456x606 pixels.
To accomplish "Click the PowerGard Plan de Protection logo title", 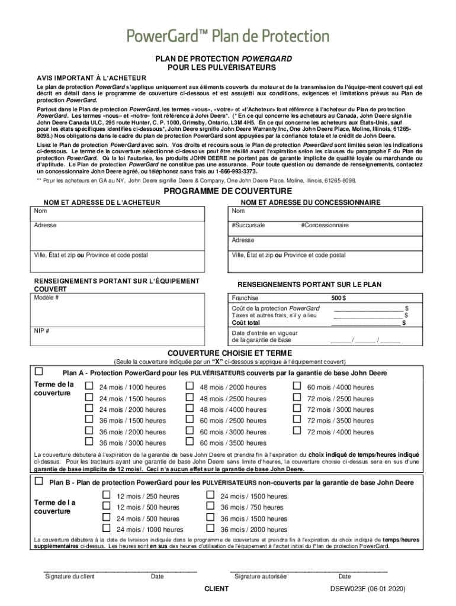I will pyautogui.click(x=227, y=36).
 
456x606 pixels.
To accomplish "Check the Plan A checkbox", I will pyautogui.click(x=39, y=372).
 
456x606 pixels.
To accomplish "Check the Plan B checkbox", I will pyautogui.click(x=39, y=481).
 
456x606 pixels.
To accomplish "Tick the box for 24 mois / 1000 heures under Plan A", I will pyautogui.click(x=90, y=386).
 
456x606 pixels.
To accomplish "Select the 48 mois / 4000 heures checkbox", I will pyautogui.click(x=190, y=408).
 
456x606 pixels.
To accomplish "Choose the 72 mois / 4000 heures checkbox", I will pyautogui.click(x=298, y=431).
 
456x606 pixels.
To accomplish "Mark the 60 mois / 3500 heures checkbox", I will pyautogui.click(x=190, y=441).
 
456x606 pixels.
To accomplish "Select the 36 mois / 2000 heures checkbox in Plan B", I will pyautogui.click(x=209, y=528).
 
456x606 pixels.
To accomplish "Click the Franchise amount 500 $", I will pyautogui.click(x=339, y=298).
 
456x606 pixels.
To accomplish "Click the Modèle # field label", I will pyautogui.click(x=46, y=298).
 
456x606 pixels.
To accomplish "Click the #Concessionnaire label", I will pyautogui.click(x=325, y=225).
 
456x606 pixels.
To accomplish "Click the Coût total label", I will pyautogui.click(x=246, y=323).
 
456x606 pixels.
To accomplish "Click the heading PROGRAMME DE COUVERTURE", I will pyautogui.click(x=227, y=191).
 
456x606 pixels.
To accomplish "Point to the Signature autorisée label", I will pyautogui.click(x=261, y=576).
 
